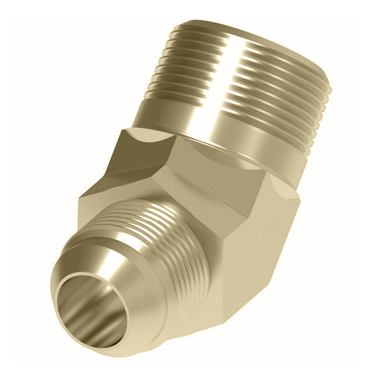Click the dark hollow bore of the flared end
click(x=93, y=309)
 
